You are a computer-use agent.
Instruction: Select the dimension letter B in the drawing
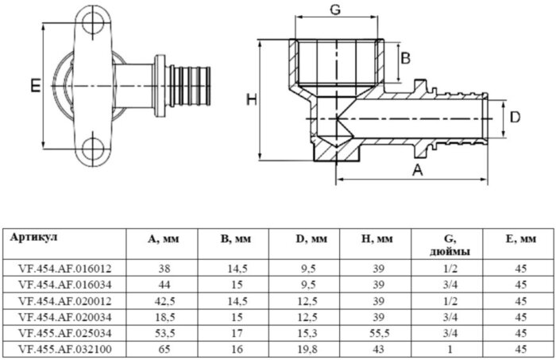tap(405, 57)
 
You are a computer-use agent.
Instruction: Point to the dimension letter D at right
tap(515, 118)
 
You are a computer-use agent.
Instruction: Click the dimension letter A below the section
tap(416, 168)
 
